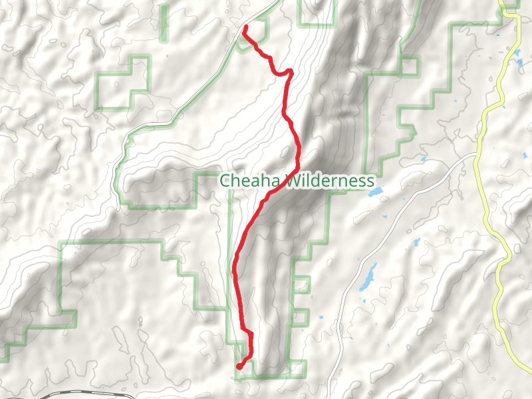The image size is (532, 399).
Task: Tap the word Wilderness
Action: (x=330, y=181)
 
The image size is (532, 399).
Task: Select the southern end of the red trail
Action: (x=239, y=366)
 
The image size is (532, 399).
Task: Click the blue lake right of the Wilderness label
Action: (x=376, y=192)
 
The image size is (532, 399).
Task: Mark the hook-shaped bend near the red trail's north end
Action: (x=289, y=70)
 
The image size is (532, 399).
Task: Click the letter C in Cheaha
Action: (x=225, y=181)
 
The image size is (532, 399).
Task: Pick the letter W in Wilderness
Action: (x=293, y=181)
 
